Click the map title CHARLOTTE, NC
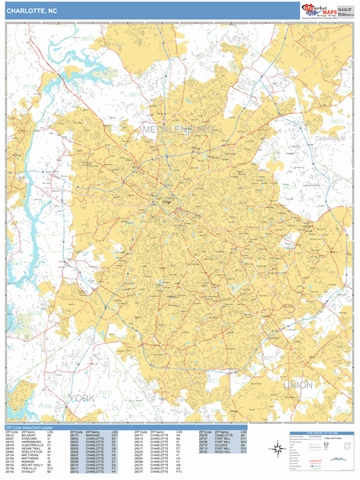click(30, 10)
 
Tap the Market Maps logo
click(318, 10)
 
